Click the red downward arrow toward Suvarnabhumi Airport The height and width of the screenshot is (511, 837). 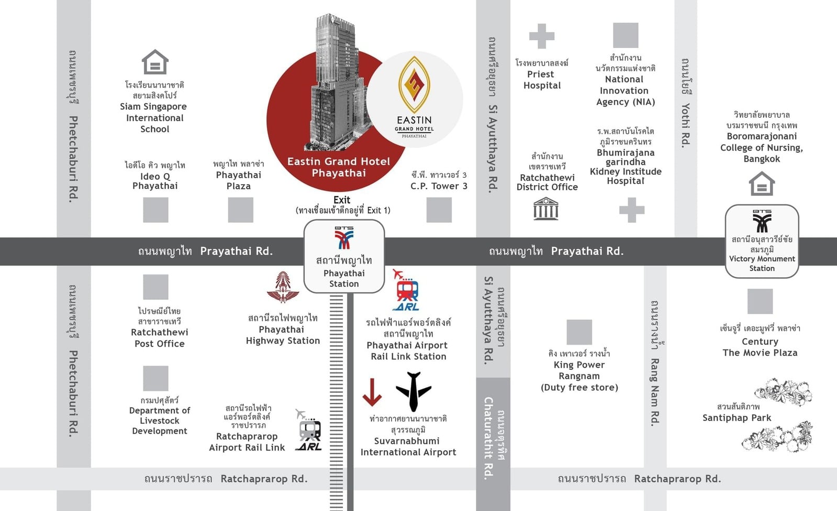point(372,392)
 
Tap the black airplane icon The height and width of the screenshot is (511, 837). point(414,392)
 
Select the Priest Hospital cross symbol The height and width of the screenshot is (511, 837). point(542,36)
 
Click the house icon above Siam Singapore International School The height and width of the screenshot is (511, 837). point(155,62)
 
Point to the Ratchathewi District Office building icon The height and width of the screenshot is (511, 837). point(546,209)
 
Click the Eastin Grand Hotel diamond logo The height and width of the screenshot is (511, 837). point(414,84)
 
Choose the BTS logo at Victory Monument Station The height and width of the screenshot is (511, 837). point(762,221)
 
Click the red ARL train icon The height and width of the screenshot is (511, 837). point(407,290)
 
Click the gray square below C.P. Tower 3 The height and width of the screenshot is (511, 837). point(439,210)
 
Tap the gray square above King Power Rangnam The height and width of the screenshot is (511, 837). point(579,332)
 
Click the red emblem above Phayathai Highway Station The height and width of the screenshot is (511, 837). point(283,287)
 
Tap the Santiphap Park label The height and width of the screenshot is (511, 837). point(737,418)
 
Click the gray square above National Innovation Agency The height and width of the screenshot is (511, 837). point(626,35)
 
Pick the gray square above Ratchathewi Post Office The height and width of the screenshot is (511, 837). point(155,287)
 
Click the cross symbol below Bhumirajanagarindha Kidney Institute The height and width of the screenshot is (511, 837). point(632,210)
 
